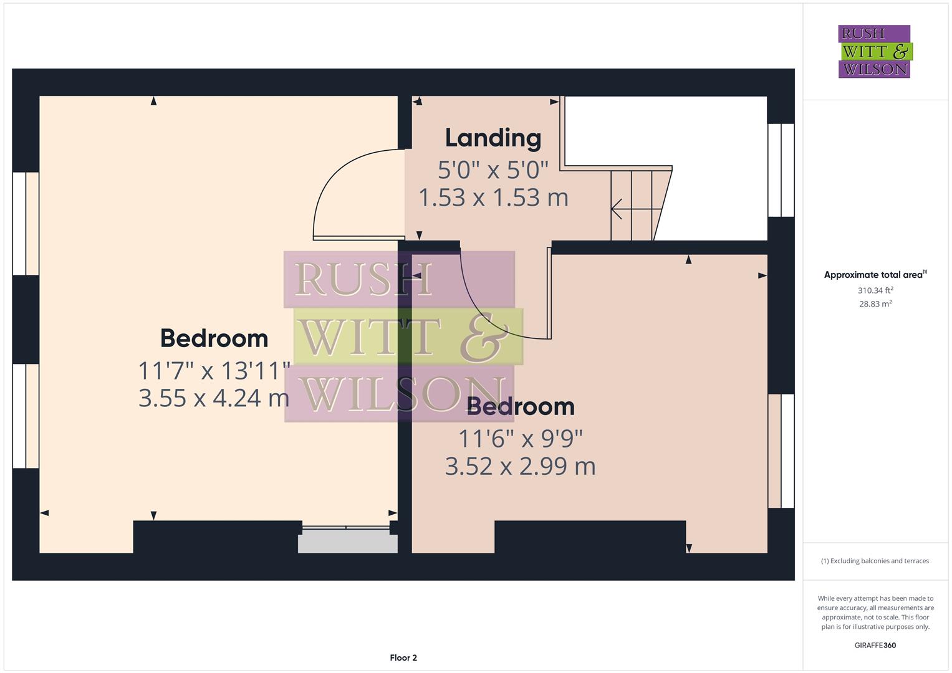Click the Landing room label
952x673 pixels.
click(493, 138)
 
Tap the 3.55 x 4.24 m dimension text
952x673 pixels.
click(214, 398)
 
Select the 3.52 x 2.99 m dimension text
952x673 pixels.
click(520, 466)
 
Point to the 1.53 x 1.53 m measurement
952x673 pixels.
click(493, 198)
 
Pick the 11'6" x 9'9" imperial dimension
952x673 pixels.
click(521, 439)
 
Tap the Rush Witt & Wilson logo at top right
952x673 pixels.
click(874, 51)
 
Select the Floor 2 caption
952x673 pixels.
click(403, 657)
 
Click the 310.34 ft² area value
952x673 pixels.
click(875, 290)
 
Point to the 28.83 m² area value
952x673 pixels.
click(875, 304)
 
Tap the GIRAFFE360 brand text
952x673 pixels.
click(875, 645)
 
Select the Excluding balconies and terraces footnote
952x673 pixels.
click(875, 561)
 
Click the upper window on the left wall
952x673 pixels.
click(26, 223)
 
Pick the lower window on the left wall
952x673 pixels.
click(26, 416)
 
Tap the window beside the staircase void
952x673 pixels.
click(781, 169)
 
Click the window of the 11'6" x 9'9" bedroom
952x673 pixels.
click(781, 451)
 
